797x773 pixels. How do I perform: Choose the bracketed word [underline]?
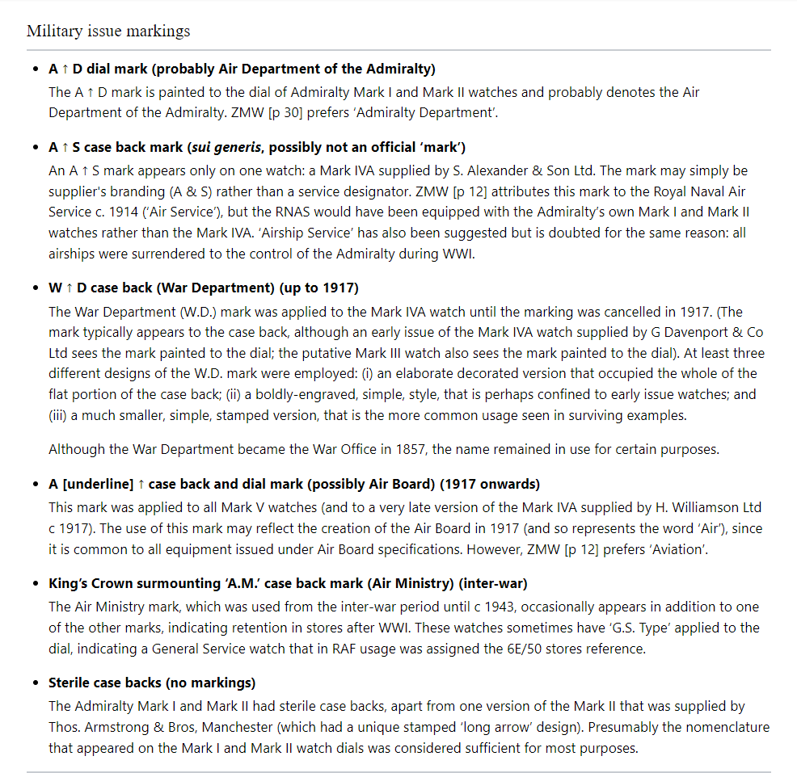[98, 484]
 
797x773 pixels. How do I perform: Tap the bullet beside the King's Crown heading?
[36, 583]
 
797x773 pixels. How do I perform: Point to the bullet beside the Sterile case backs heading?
[36, 683]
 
